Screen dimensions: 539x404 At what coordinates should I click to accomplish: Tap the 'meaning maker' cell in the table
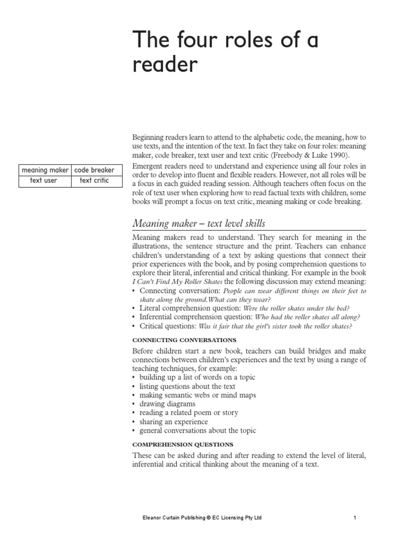click(x=45, y=170)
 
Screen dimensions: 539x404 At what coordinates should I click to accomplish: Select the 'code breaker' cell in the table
click(x=95, y=170)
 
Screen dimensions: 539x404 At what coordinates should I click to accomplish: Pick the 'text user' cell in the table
click(x=44, y=181)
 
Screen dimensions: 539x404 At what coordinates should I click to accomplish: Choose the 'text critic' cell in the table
click(x=95, y=181)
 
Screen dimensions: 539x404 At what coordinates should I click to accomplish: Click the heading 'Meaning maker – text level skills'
click(x=199, y=224)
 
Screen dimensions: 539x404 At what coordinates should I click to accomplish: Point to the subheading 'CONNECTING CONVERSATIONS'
click(x=184, y=340)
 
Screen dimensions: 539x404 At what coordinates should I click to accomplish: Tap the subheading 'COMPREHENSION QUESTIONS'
click(x=183, y=444)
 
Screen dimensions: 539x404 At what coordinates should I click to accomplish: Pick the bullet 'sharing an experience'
click(x=174, y=422)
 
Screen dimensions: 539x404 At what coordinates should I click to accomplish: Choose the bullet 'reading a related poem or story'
click(x=188, y=413)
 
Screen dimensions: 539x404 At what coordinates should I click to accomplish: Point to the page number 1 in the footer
click(x=355, y=518)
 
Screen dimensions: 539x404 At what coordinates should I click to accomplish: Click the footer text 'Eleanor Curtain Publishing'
click(x=173, y=518)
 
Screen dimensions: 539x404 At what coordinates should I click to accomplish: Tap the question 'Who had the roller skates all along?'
click(x=307, y=317)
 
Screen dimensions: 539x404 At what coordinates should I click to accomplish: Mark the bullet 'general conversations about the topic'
click(x=198, y=431)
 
